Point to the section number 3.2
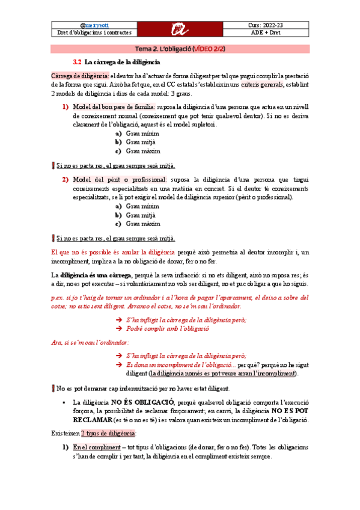click(77, 61)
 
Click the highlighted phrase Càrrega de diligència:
click(79, 76)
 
